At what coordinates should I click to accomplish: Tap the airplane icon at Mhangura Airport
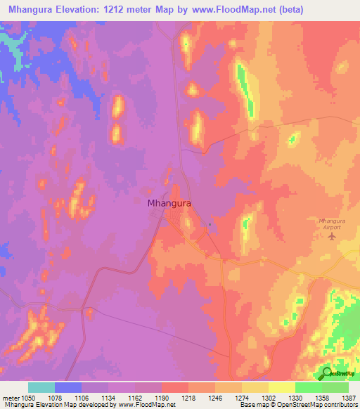coord(333,236)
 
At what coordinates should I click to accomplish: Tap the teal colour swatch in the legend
coord(41,387)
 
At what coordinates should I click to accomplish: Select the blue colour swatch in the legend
coord(68,387)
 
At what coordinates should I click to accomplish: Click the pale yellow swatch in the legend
coord(282,387)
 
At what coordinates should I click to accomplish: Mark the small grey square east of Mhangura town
coord(210,225)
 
